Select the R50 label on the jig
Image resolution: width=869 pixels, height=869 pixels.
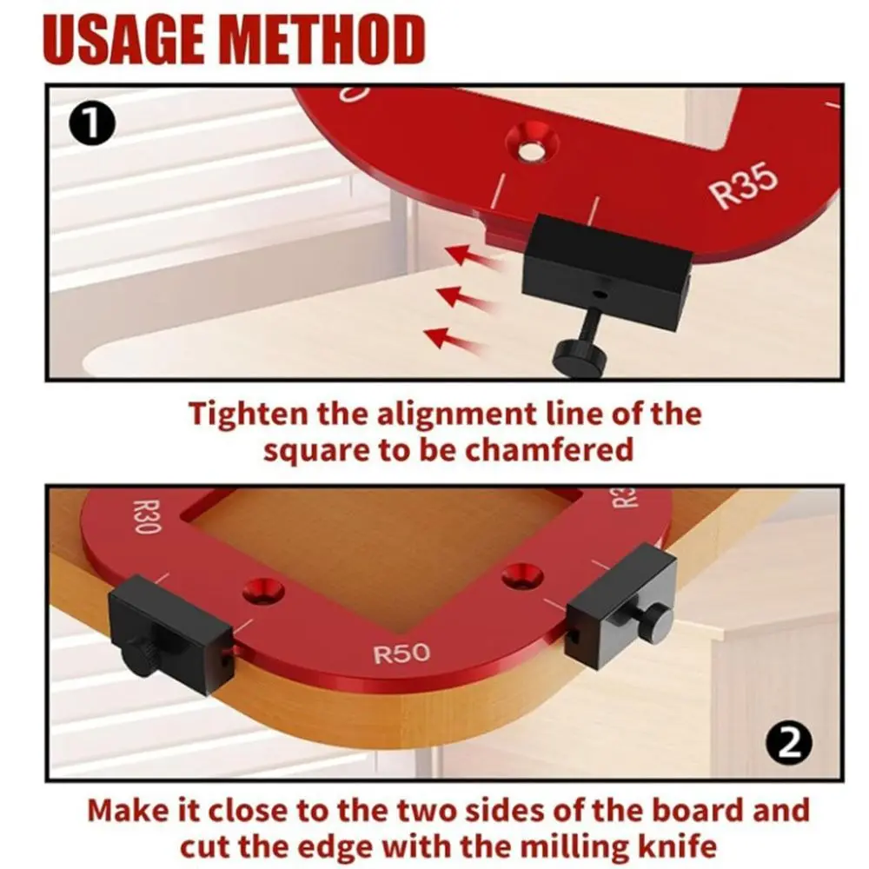(x=401, y=653)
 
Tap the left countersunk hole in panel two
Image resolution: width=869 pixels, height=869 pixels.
(x=263, y=591)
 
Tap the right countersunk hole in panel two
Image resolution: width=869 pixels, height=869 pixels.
(x=522, y=574)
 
